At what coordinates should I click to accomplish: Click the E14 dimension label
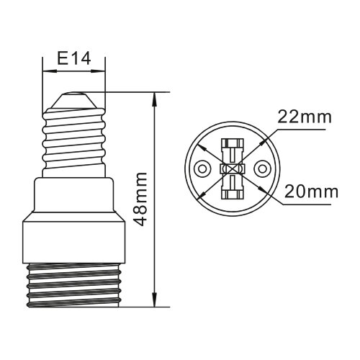[x=74, y=59]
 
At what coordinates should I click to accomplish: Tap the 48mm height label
[x=140, y=199]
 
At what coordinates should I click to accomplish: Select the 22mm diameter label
[x=305, y=117]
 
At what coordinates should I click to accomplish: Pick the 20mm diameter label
[x=311, y=192]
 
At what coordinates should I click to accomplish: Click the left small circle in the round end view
[x=202, y=169]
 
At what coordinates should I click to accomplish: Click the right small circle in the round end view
[x=262, y=169]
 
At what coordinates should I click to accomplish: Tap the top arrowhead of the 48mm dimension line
[x=155, y=99]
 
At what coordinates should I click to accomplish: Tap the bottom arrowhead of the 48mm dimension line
[x=155, y=300]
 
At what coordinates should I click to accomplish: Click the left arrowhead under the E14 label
[x=50, y=71]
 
